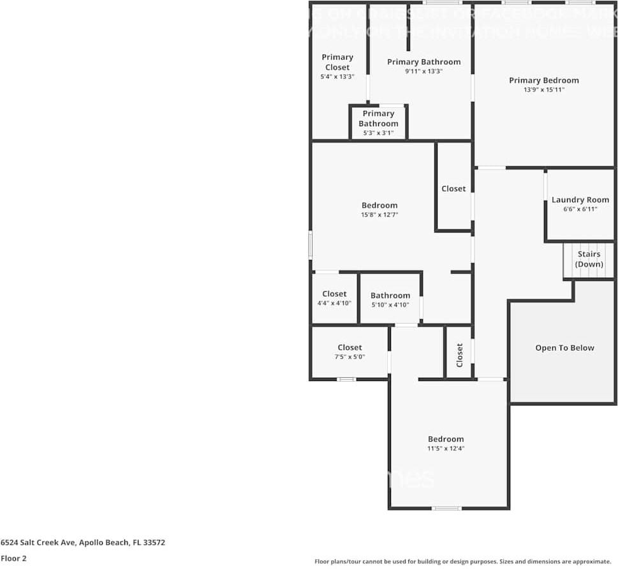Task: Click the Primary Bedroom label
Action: (543, 80)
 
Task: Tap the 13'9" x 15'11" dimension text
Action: (543, 90)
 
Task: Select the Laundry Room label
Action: (580, 199)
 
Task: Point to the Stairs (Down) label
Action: (589, 259)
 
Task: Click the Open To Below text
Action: (564, 348)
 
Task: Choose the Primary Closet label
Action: (337, 62)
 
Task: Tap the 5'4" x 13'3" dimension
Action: (337, 76)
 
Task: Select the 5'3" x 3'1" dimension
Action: (378, 133)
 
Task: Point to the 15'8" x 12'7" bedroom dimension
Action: (379, 215)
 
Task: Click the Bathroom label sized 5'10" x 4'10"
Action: (390, 296)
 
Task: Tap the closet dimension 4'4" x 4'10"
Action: (334, 304)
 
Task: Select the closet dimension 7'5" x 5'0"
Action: (349, 357)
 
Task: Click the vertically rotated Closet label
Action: (459, 356)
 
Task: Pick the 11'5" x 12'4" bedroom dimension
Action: (446, 449)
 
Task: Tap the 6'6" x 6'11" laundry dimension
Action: (580, 209)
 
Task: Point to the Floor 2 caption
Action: (13, 559)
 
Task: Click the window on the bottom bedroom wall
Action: (446, 508)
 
